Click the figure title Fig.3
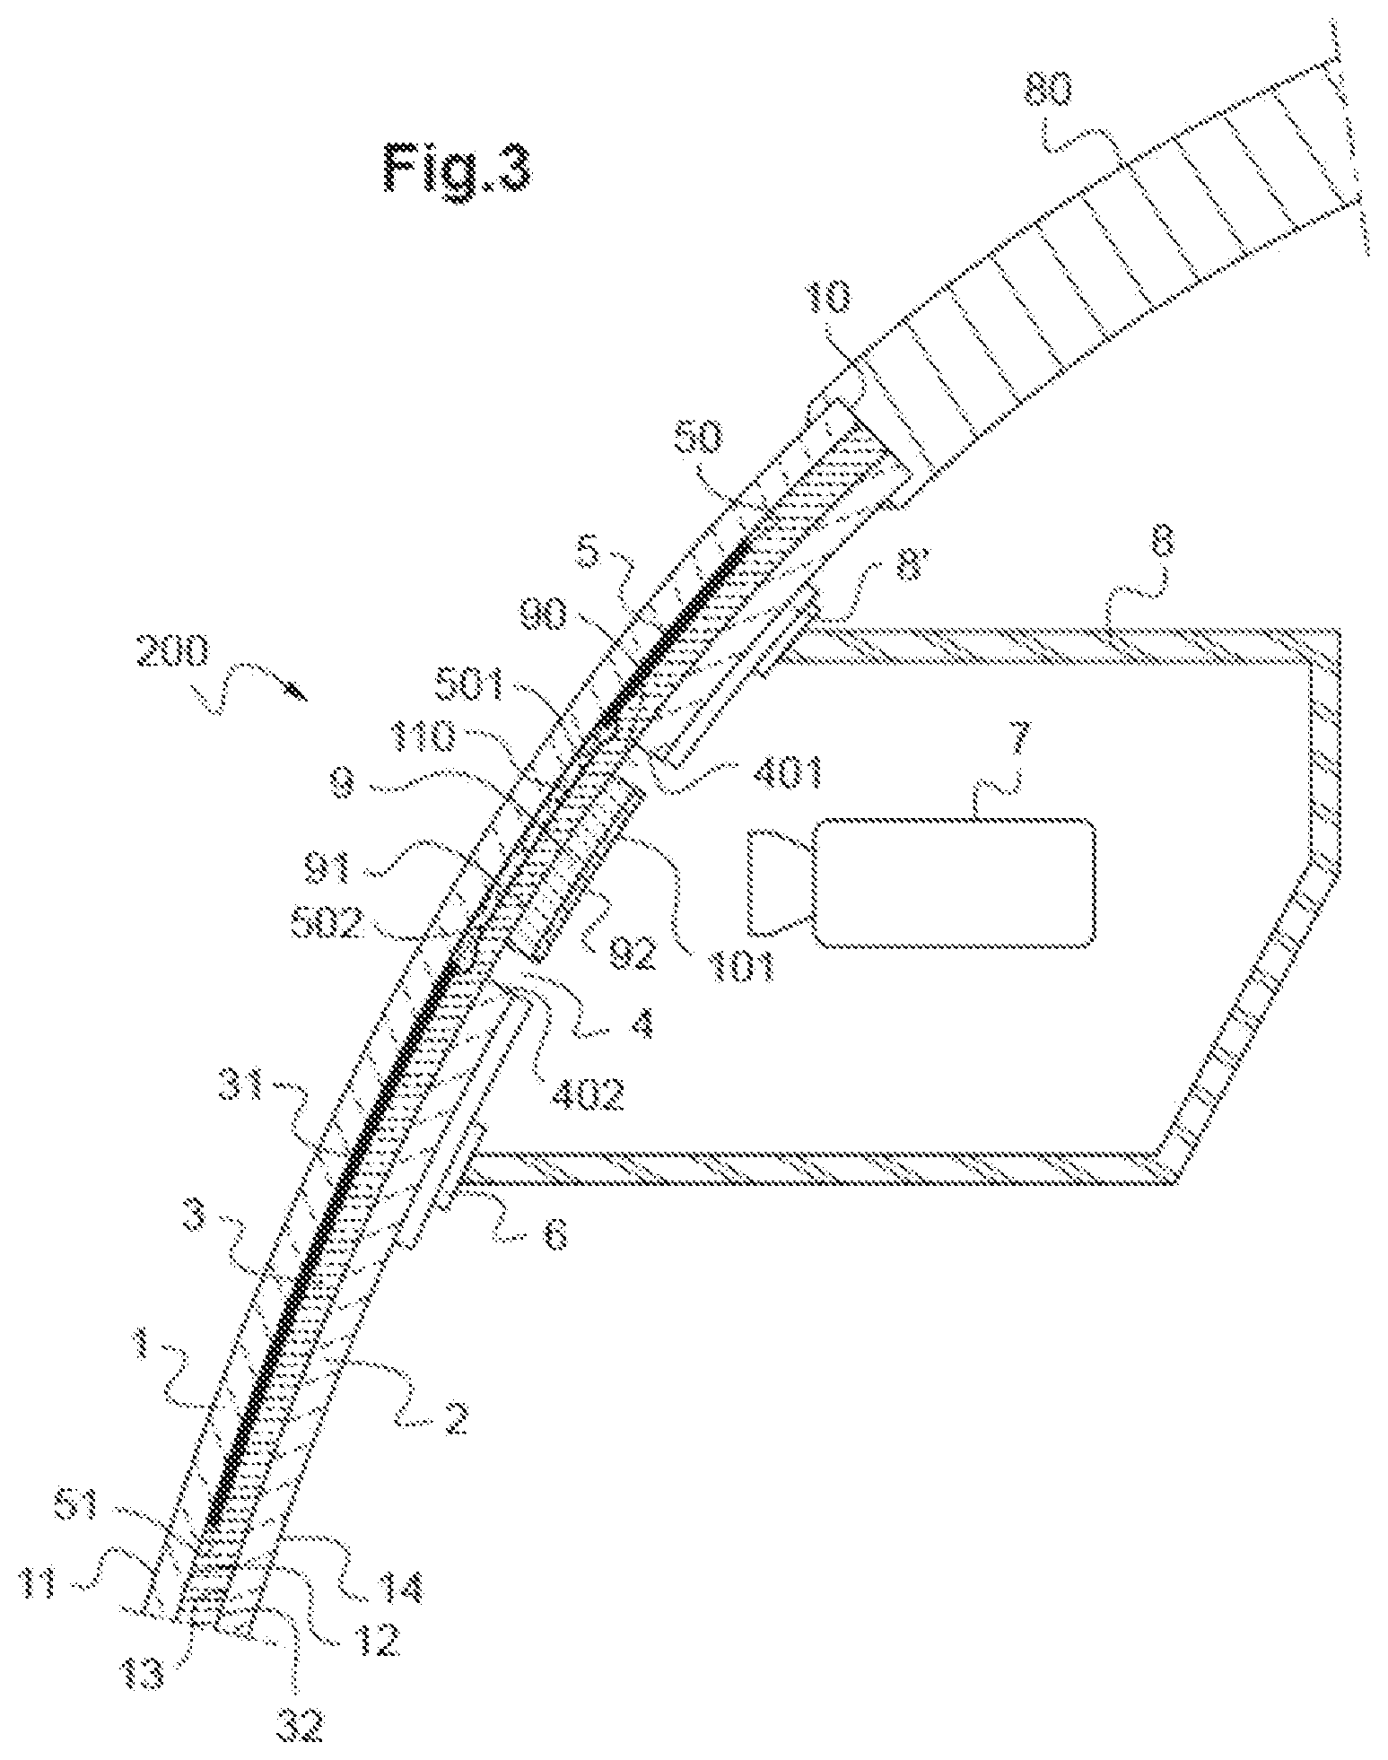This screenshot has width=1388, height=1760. click(458, 168)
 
